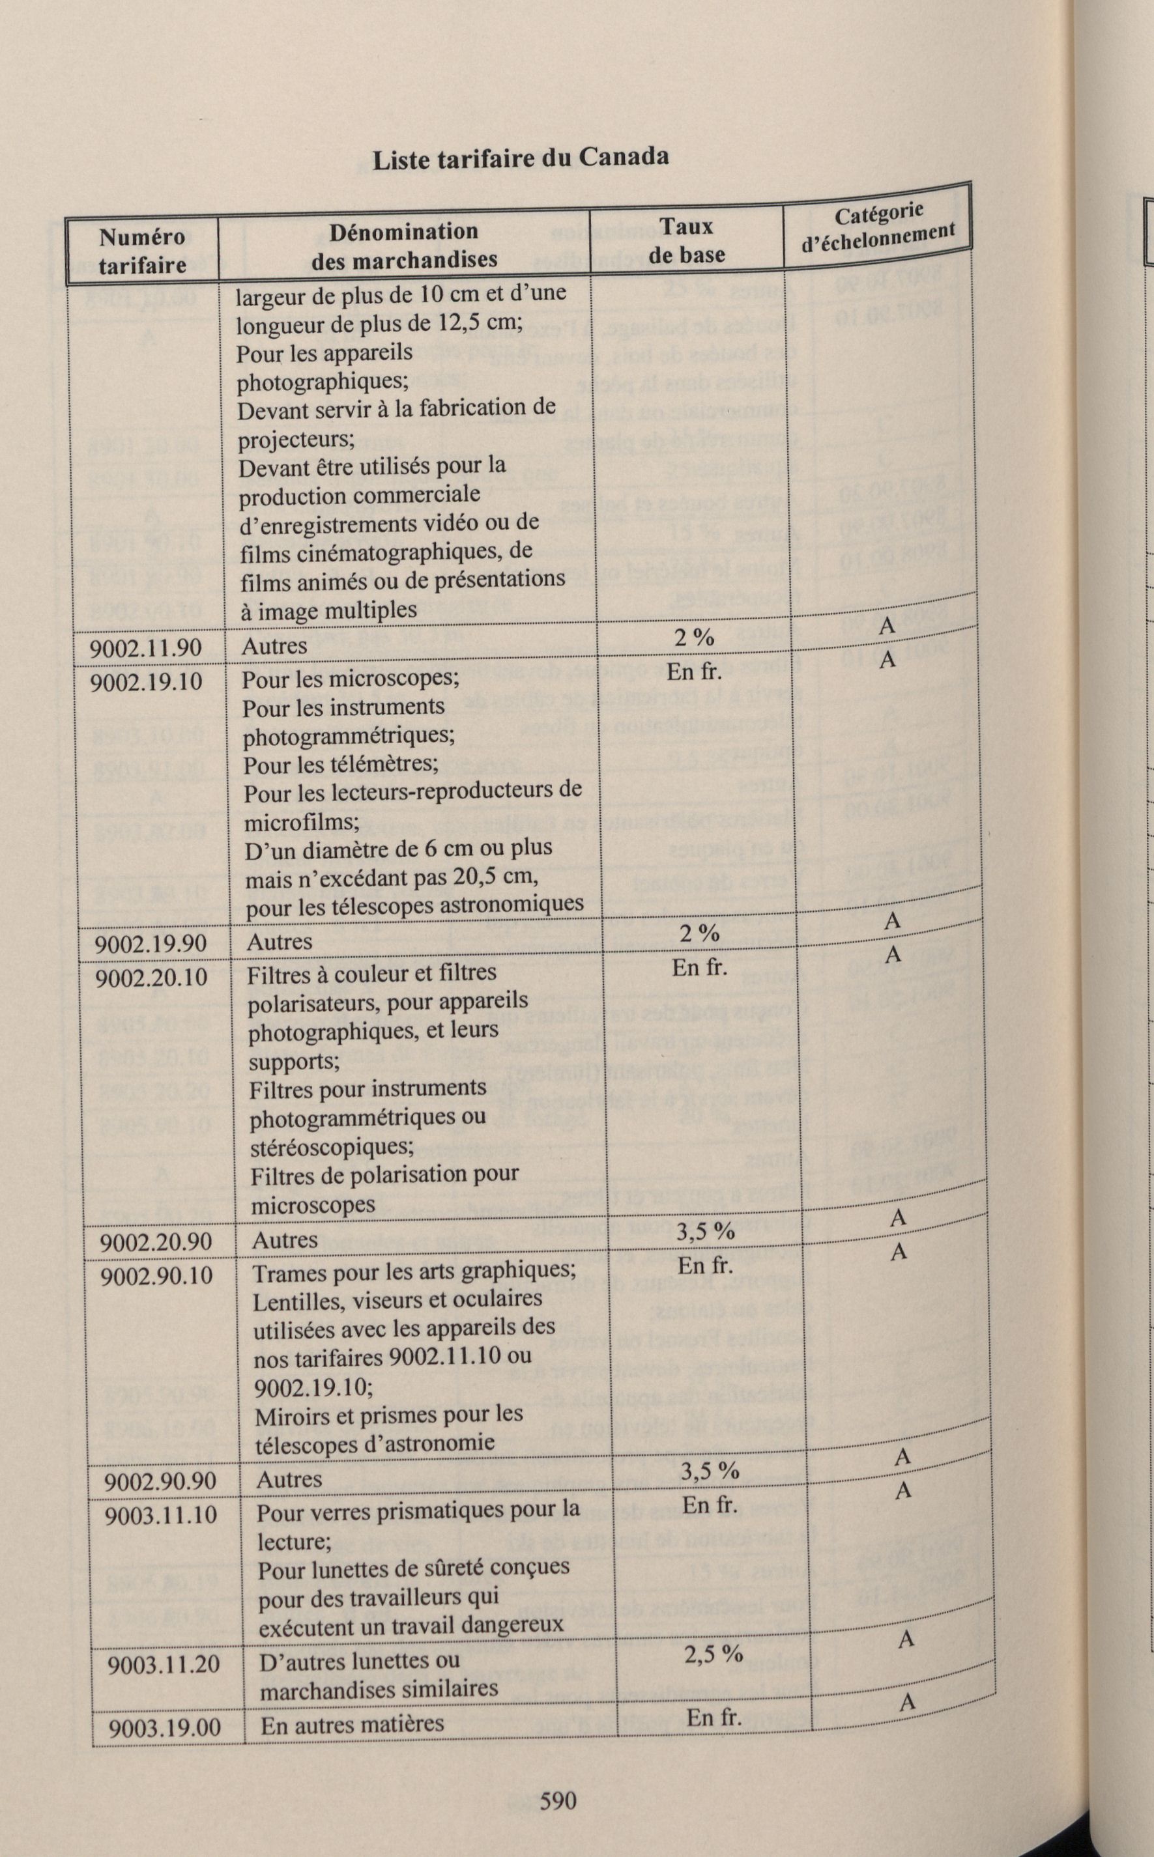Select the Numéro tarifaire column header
143,251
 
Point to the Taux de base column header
687,240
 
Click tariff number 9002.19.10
147,681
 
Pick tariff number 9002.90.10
156,1275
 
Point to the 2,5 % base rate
713,1652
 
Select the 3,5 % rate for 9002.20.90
705,1230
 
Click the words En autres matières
352,1723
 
